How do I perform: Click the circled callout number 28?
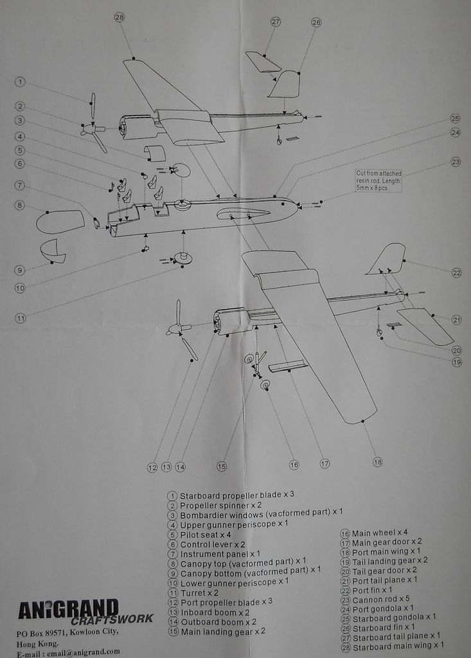tap(119, 17)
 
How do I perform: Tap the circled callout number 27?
tap(276, 22)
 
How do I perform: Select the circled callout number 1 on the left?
tap(21, 82)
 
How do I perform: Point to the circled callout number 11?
tap(21, 317)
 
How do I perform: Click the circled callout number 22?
tap(456, 272)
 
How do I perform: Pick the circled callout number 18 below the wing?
tap(377, 461)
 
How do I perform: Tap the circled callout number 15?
tap(222, 467)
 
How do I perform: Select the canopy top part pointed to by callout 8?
tap(60, 221)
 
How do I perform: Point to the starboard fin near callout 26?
tap(285, 84)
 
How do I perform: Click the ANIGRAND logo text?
tap(68, 609)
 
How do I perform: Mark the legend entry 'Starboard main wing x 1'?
tap(396, 645)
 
